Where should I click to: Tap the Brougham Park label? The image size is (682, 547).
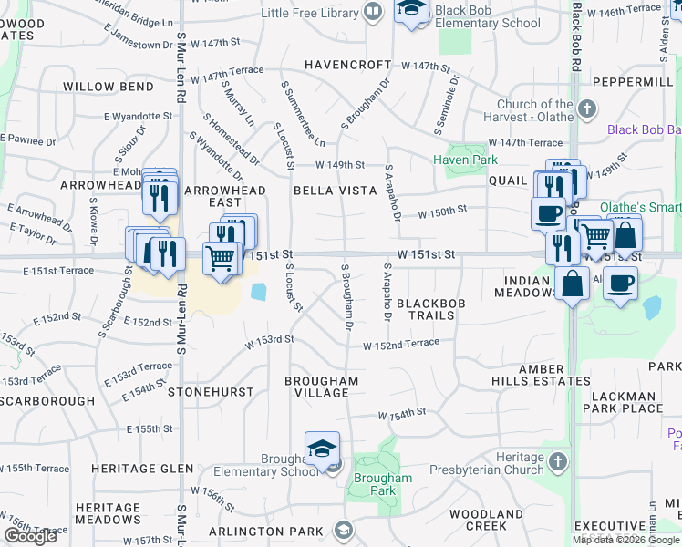pyautogui.click(x=383, y=484)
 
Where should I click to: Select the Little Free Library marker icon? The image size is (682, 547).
pyautogui.click(x=372, y=12)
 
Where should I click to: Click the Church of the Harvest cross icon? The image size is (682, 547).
pyautogui.click(x=586, y=109)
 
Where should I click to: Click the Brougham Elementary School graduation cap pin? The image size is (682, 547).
pyautogui.click(x=322, y=450)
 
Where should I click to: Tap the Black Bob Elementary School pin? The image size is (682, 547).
pyautogui.click(x=412, y=11)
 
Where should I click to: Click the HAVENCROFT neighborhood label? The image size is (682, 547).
pyautogui.click(x=347, y=66)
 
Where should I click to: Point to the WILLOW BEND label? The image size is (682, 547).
pyautogui.click(x=108, y=87)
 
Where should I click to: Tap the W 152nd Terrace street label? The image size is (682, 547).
pyautogui.click(x=401, y=345)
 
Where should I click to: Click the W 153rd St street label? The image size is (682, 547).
pyautogui.click(x=270, y=339)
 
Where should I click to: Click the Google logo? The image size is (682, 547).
pyautogui.click(x=30, y=535)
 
